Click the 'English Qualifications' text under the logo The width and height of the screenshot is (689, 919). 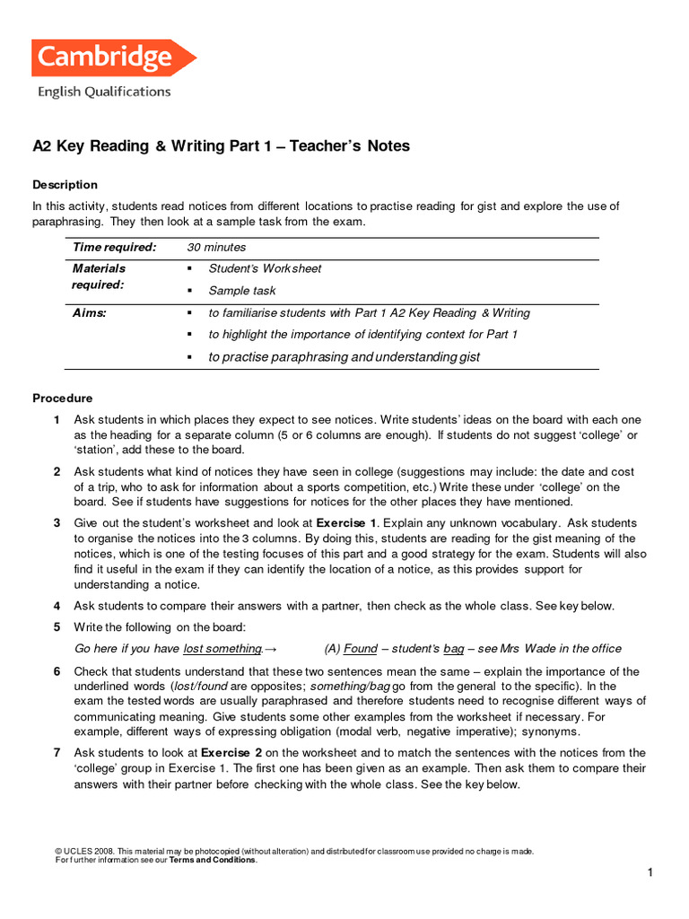tap(103, 91)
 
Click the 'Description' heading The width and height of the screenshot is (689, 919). tap(65, 185)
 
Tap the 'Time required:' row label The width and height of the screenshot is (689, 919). tap(114, 247)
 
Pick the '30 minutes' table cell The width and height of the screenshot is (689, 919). tap(216, 247)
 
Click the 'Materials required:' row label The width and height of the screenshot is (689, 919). tap(99, 276)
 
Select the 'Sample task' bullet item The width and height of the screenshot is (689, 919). tap(242, 291)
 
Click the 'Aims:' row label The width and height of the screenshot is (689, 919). tap(90, 313)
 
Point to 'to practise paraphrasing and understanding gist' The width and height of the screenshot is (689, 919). tap(344, 357)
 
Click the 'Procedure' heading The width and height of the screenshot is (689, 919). tap(63, 398)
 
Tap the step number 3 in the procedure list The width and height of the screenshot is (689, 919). tap(57, 522)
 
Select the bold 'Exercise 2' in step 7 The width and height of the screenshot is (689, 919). tap(231, 752)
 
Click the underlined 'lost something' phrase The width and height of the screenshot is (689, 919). tap(222, 649)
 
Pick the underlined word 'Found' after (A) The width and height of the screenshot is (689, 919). tap(361, 649)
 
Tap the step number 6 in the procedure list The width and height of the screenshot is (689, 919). tap(57, 671)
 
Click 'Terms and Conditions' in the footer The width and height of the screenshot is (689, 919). tap(213, 860)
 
